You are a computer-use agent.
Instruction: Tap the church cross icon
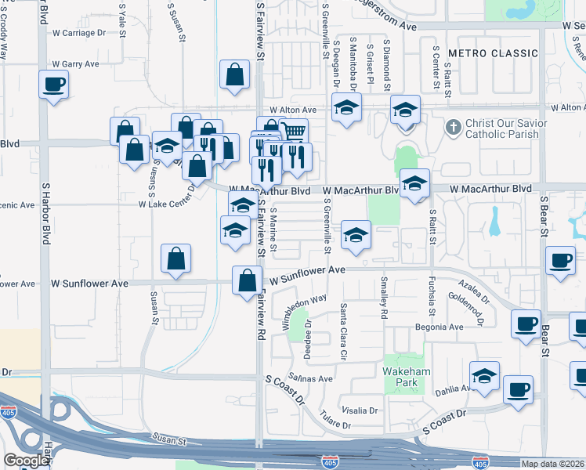click(x=452, y=126)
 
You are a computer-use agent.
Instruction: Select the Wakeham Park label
click(x=403, y=377)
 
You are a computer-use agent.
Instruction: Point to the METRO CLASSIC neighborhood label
click(x=493, y=53)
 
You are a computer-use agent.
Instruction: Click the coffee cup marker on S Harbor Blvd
click(x=53, y=85)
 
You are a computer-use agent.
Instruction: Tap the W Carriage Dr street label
click(x=78, y=33)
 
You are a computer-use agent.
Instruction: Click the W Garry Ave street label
click(x=75, y=64)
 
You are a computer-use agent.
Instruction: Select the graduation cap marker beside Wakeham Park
click(x=484, y=376)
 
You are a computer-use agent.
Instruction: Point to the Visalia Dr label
click(x=360, y=410)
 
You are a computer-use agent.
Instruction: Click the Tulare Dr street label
click(x=335, y=423)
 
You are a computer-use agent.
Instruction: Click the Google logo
click(x=26, y=461)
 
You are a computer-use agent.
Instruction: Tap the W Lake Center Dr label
click(x=166, y=204)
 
